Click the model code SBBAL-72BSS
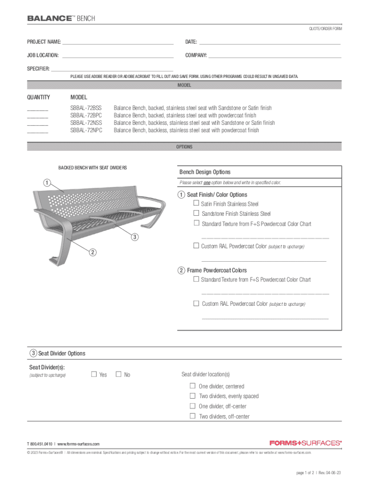tap(86, 108)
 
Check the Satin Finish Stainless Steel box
tap(196, 204)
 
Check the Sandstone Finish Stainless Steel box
tap(196, 213)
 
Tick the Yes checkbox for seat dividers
tap(94, 374)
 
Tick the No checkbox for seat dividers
tap(118, 374)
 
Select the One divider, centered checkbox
tap(193, 386)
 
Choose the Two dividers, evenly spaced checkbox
tap(193, 396)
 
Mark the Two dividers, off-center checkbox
tap(193, 416)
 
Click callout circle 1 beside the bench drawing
tap(46, 182)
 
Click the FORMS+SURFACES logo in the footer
tap(305, 443)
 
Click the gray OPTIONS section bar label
tap(184, 147)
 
